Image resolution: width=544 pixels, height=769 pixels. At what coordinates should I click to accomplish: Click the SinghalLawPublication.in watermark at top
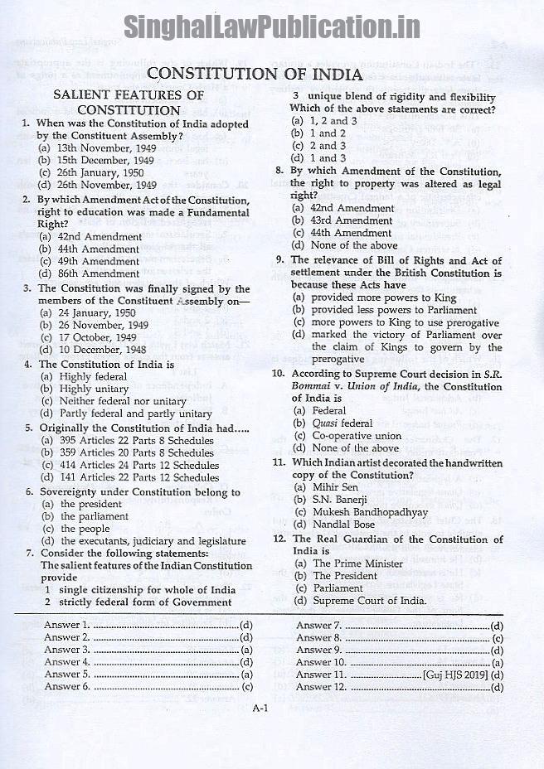coord(272,27)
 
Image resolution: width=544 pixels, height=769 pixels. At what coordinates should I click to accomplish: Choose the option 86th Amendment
coord(99,273)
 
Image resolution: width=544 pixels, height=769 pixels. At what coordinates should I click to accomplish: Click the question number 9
coord(280,259)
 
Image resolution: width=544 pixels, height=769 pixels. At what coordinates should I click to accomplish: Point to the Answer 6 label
coord(67,686)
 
